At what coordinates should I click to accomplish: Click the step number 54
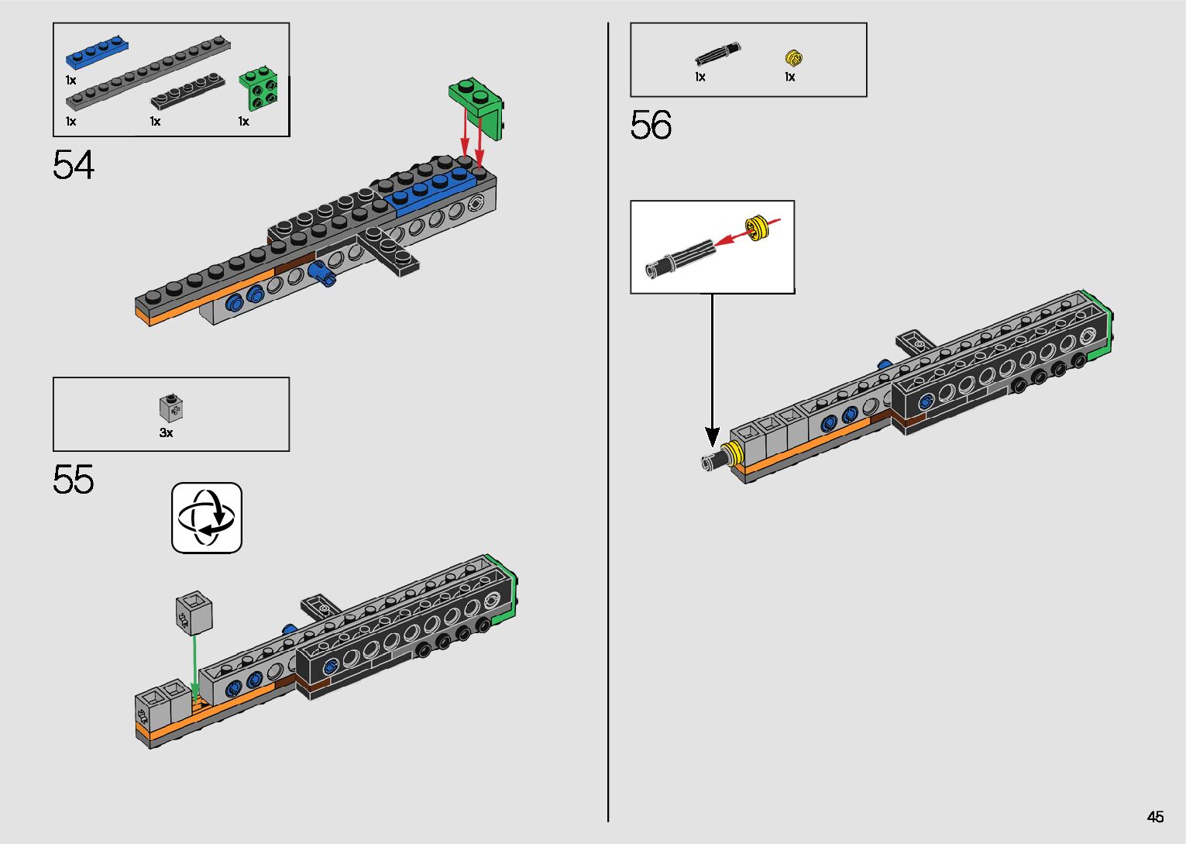(74, 165)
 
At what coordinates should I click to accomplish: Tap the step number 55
(74, 480)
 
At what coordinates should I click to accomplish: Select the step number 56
(651, 125)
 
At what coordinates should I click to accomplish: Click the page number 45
(1155, 817)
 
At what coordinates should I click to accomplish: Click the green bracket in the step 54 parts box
(259, 88)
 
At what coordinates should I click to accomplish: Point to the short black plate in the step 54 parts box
(187, 91)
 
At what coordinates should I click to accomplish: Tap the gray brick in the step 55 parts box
(171, 408)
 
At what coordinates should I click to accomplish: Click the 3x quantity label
(166, 433)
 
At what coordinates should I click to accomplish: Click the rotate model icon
(207, 518)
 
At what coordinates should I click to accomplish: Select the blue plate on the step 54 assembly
(434, 190)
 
